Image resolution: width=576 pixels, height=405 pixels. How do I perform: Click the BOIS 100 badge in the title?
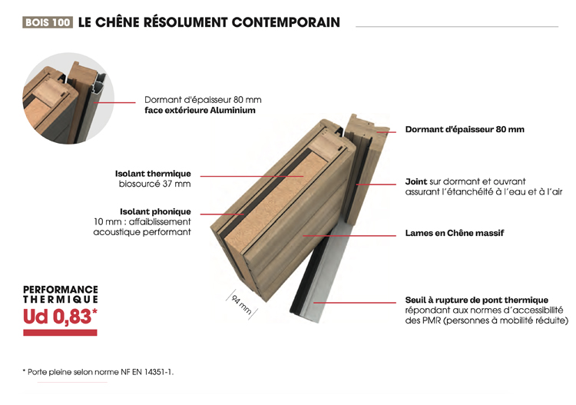[48, 23]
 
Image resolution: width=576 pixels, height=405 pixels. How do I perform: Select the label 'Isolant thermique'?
[153, 174]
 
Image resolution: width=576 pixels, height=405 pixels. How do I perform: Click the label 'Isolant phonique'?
[155, 211]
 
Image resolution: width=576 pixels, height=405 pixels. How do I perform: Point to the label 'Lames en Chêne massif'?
[455, 233]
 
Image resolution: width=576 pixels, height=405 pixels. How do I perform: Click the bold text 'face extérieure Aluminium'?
[200, 111]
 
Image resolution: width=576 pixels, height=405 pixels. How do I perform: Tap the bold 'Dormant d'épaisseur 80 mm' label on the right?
[465, 129]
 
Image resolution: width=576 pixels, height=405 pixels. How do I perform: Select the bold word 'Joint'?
[416, 182]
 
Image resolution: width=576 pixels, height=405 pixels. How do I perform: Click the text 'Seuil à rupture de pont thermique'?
[476, 300]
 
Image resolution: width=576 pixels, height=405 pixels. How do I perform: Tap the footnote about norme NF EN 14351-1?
[98, 372]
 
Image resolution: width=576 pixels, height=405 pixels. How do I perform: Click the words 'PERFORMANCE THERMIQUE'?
[61, 294]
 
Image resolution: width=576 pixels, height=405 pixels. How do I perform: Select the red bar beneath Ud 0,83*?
[61, 332]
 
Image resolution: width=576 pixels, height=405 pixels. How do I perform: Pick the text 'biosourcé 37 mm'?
[154, 184]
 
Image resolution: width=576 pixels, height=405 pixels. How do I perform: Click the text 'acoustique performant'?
[142, 232]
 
